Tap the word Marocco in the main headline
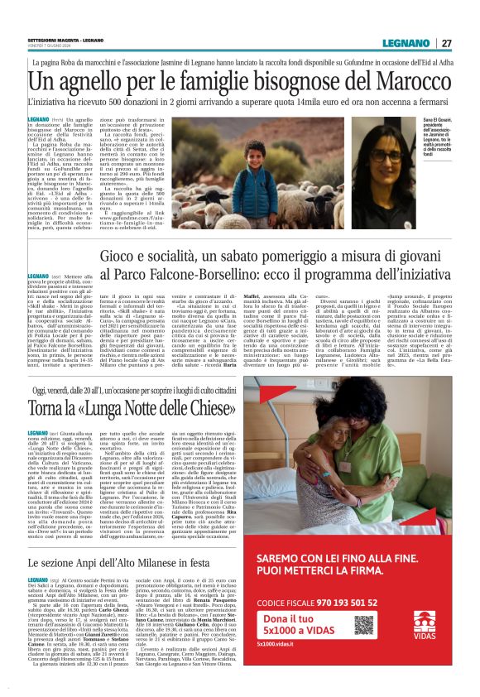click(x=409, y=82)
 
